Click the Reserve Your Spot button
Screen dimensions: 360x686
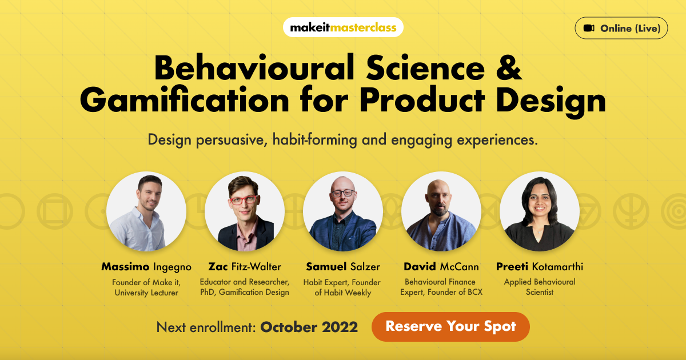450,327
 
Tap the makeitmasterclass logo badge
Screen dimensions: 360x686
343,27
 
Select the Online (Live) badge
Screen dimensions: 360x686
621,28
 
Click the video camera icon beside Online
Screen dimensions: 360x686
589,28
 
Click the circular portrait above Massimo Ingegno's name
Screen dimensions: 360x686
146,211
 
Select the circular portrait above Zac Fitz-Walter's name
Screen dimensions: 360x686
245,211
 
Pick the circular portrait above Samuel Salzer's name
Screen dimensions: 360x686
343,211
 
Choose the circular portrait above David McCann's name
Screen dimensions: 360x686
441,211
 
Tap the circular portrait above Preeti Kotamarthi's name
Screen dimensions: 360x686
540,211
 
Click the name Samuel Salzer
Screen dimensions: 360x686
343,267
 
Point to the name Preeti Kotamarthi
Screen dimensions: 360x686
540,267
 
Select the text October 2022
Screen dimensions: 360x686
309,327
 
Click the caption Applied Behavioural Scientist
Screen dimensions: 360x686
540,287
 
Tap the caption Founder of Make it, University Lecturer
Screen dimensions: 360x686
146,287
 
